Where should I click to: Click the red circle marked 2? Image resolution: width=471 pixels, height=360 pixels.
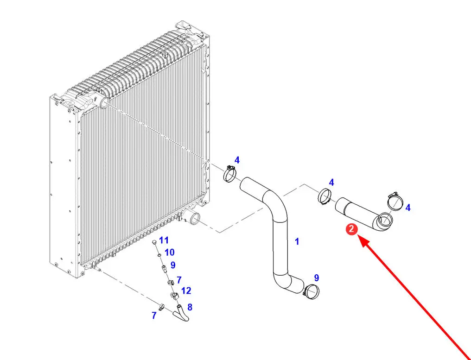[352, 229]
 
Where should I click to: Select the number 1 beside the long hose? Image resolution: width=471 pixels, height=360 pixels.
[297, 241]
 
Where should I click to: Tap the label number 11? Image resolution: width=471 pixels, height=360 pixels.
[164, 240]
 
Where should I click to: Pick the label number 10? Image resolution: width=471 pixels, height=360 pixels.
[169, 253]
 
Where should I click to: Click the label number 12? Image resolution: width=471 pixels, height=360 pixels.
[186, 291]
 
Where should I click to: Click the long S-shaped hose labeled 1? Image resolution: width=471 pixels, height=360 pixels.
[280, 232]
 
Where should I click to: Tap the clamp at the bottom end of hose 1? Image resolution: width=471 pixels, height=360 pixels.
[312, 291]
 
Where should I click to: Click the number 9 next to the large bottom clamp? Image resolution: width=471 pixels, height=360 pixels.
[317, 278]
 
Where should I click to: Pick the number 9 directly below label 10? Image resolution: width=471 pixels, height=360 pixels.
[173, 265]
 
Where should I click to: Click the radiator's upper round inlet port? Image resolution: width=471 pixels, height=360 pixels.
[104, 102]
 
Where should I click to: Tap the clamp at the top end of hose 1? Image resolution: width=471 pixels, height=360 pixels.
[229, 174]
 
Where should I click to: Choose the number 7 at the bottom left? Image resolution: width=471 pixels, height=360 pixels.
[154, 316]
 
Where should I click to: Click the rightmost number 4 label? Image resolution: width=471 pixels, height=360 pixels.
[408, 208]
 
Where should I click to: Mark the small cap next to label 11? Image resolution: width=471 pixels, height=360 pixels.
[154, 242]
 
